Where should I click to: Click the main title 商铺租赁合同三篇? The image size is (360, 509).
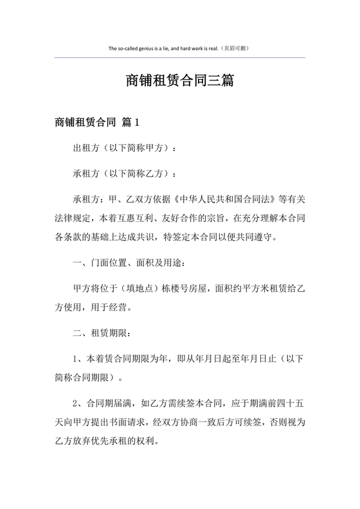[x=180, y=82]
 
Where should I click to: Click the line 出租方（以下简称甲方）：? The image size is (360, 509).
[x=125, y=148]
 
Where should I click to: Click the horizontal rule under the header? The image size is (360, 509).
[x=180, y=58]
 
